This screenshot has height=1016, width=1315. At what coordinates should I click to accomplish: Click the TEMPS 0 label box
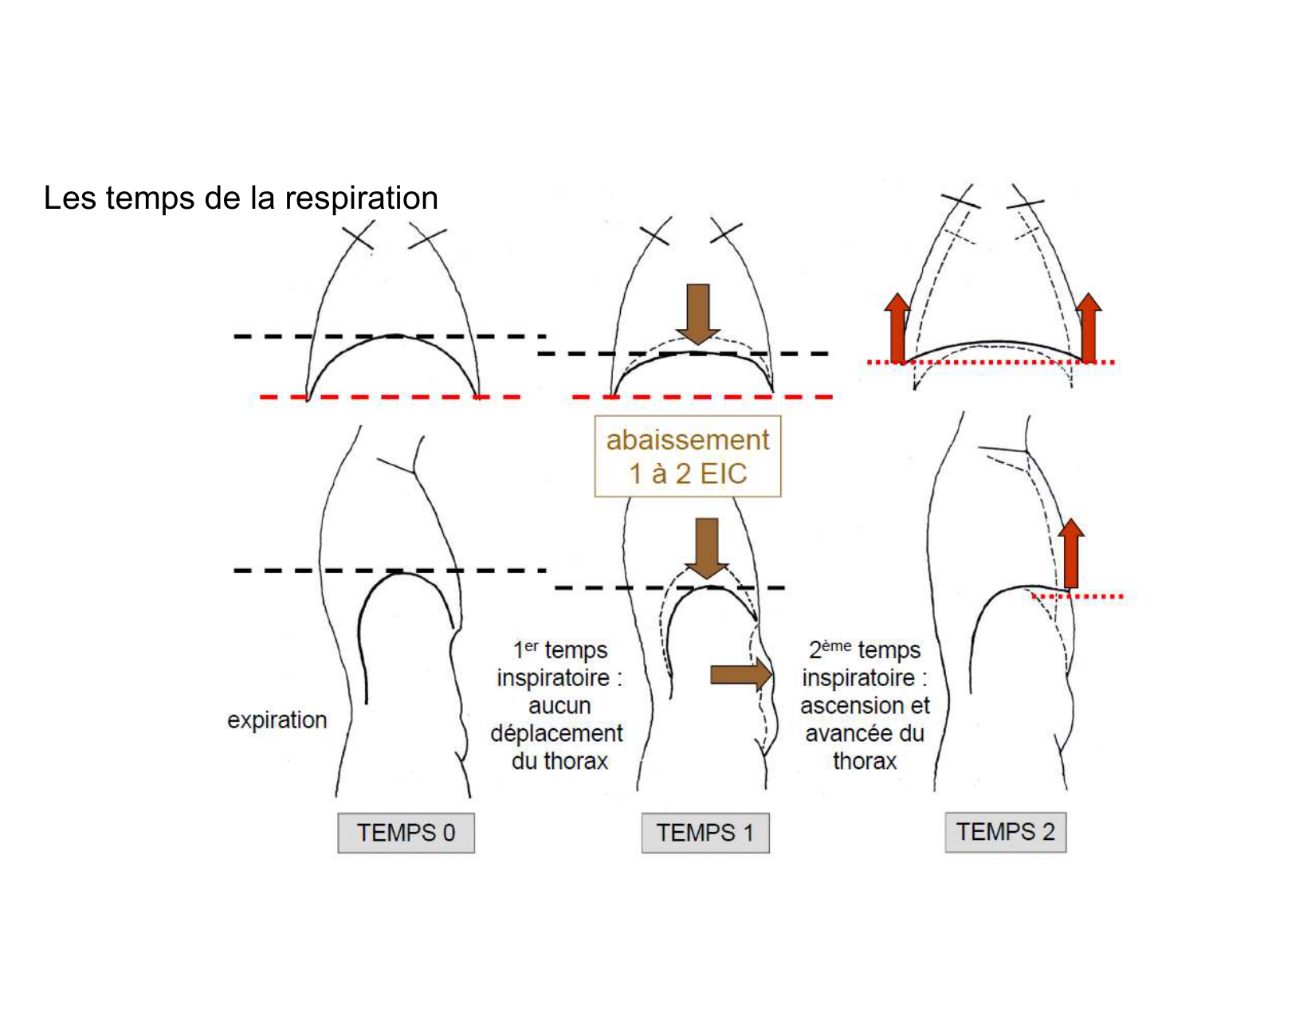406,833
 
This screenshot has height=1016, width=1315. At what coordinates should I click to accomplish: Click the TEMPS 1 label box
705,833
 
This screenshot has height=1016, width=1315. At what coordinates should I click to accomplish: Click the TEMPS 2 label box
1005,832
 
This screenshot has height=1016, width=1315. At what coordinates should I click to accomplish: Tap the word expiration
277,720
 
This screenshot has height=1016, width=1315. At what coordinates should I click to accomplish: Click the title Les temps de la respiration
241,198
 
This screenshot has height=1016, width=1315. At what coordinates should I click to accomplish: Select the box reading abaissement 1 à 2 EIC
687,457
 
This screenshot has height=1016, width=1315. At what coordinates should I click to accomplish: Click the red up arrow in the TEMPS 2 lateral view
1071,554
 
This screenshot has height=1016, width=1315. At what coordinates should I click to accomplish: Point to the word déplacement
556,733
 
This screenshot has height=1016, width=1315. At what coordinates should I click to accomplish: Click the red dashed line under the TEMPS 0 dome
391,396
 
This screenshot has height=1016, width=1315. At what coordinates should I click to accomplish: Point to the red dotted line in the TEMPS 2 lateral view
1078,595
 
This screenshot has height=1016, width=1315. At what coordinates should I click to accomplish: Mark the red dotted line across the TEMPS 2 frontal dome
991,363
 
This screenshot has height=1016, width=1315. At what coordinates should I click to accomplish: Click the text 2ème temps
864,649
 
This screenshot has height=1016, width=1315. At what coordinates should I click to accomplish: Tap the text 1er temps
559,649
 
